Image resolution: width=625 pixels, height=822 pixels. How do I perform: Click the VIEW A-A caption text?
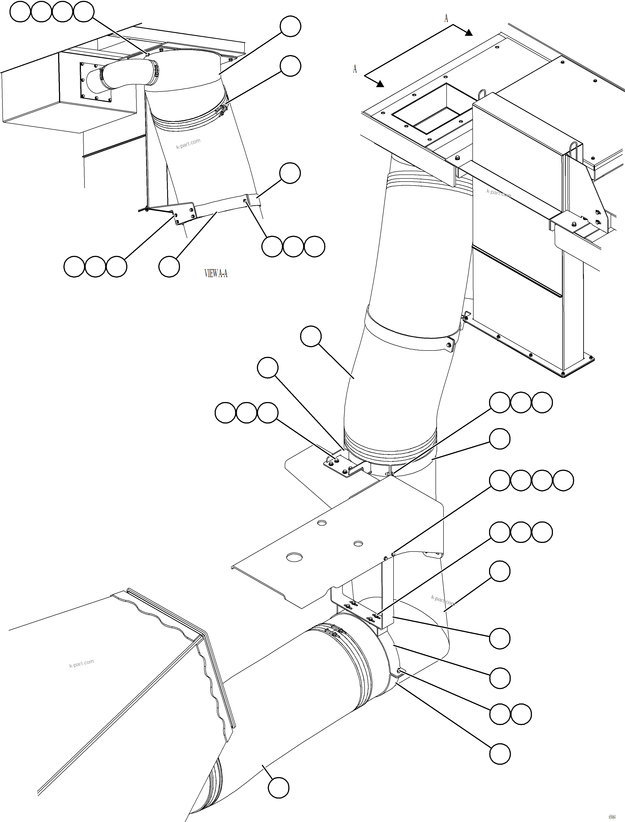[x=216, y=274]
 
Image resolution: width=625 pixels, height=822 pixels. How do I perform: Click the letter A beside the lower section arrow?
[x=355, y=69]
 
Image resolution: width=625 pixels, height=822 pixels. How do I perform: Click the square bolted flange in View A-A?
[x=95, y=82]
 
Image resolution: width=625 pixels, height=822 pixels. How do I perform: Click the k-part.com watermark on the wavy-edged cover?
[x=82, y=663]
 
